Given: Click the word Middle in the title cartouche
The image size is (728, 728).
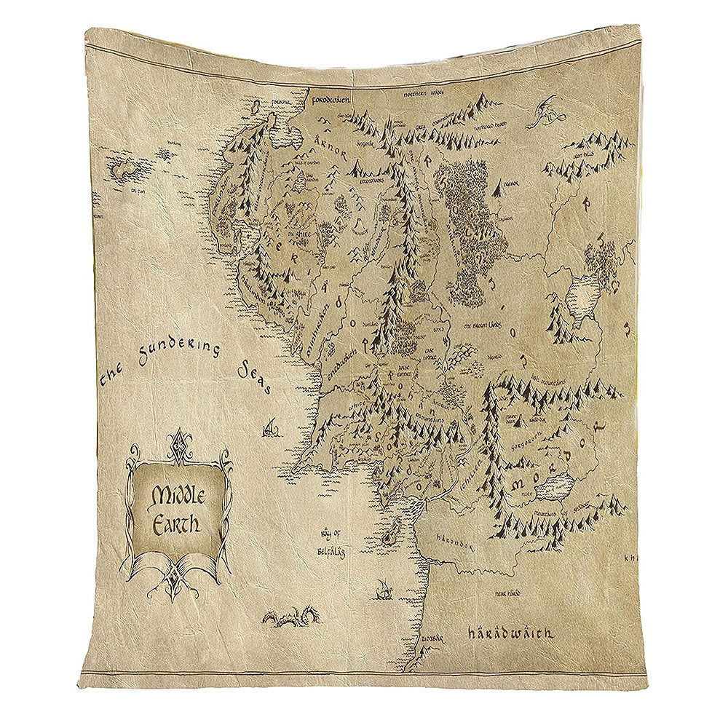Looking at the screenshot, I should click(179, 496).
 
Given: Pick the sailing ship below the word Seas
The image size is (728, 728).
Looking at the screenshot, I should click(271, 429).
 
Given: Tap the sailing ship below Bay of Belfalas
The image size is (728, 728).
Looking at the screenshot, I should click(384, 588).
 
